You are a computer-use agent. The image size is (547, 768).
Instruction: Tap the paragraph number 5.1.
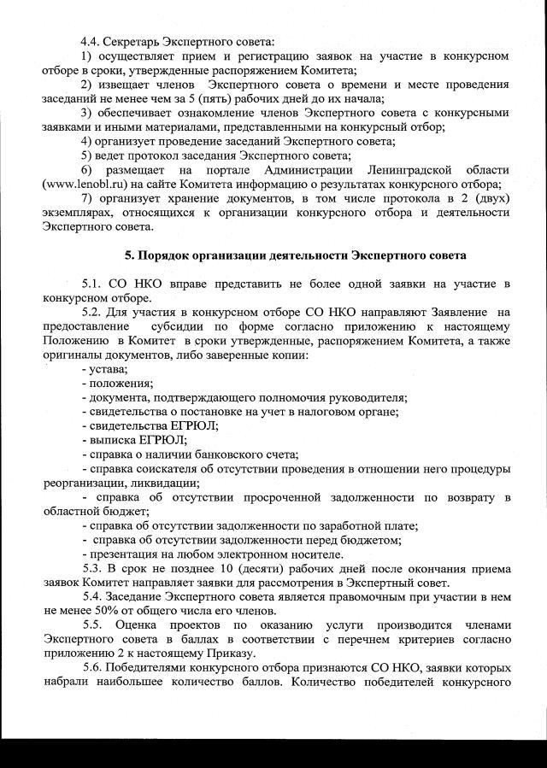click(92, 284)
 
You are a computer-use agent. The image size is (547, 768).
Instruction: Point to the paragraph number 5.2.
click(92, 313)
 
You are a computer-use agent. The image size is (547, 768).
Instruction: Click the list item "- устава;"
click(104, 368)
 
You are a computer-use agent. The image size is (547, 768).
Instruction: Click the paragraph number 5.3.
click(92, 567)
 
